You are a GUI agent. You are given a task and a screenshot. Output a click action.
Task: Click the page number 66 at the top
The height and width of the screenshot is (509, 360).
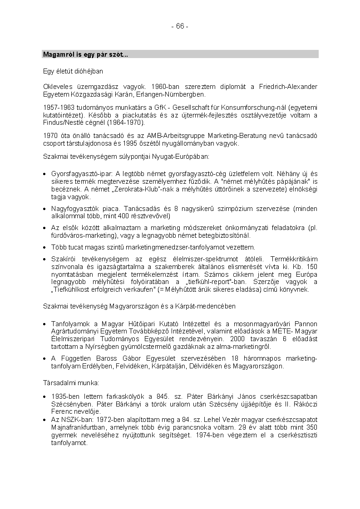pyautogui.click(x=180, y=26)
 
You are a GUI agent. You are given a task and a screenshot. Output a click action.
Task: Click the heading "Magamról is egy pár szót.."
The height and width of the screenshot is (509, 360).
pyautogui.click(x=85, y=54)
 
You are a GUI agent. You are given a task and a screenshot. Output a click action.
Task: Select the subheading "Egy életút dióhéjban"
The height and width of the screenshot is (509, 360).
pyautogui.click(x=73, y=71)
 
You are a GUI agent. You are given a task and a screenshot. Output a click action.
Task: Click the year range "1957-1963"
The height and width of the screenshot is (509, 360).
pyautogui.click(x=58, y=108)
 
